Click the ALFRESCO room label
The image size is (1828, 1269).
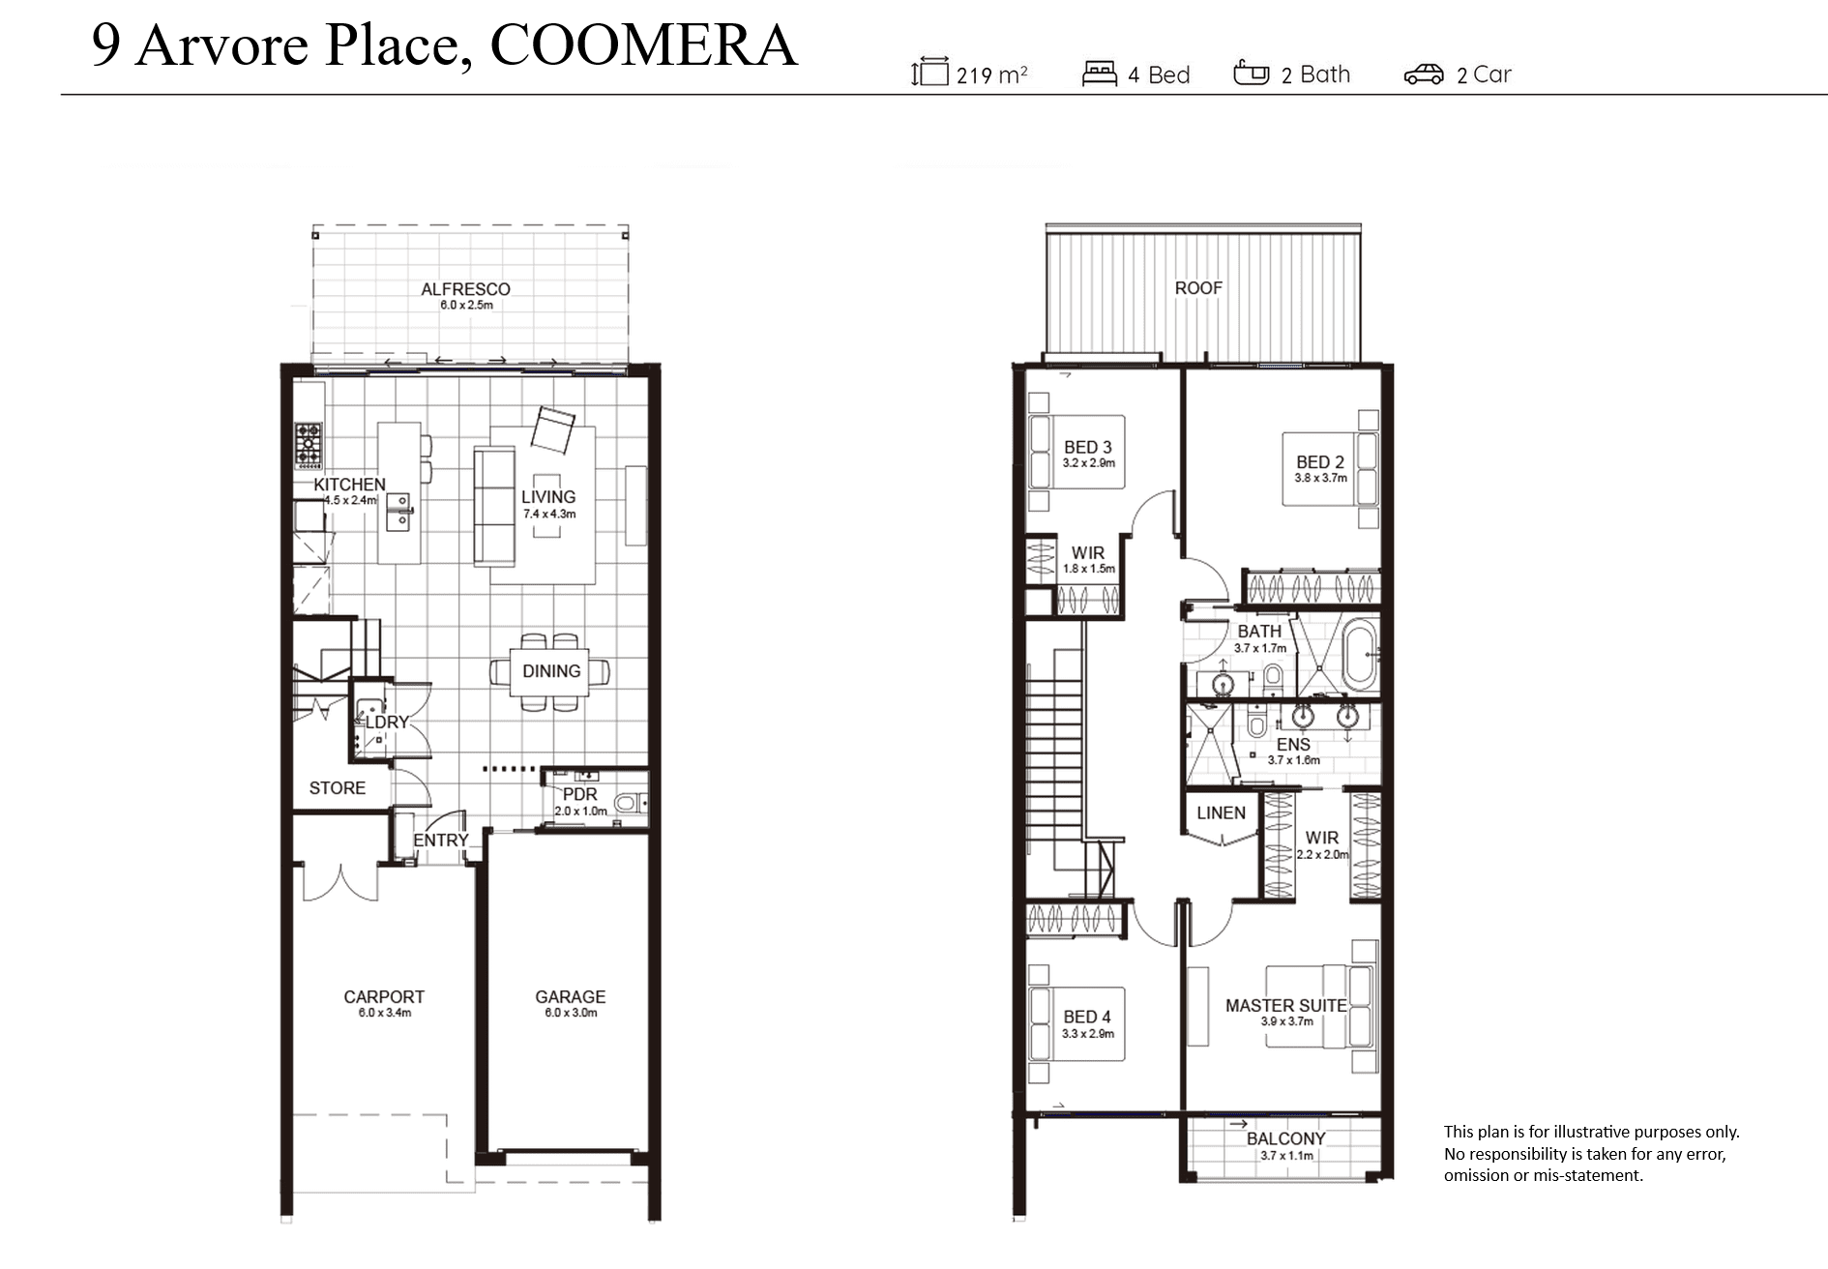point(465,289)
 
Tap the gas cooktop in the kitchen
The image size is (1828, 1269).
point(309,445)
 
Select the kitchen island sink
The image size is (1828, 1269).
point(398,511)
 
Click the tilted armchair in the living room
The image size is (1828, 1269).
point(552,429)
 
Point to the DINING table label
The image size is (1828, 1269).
point(551,671)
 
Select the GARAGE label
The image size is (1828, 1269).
point(571,997)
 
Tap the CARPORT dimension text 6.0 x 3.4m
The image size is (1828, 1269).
point(385,1014)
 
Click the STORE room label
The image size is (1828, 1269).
point(338,788)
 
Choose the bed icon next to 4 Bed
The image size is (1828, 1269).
point(1100,74)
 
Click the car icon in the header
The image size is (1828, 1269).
point(1424,74)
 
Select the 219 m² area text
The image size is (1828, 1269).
point(991,75)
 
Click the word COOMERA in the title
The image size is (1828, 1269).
point(644,44)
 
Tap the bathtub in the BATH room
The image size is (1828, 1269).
point(1360,657)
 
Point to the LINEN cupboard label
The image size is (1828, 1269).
point(1222,813)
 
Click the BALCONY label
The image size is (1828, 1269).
point(1286,1139)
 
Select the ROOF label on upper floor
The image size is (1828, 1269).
point(1198,288)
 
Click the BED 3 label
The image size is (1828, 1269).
point(1088,448)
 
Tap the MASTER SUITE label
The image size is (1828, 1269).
point(1286,1006)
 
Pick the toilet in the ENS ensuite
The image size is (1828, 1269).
point(1256,723)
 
